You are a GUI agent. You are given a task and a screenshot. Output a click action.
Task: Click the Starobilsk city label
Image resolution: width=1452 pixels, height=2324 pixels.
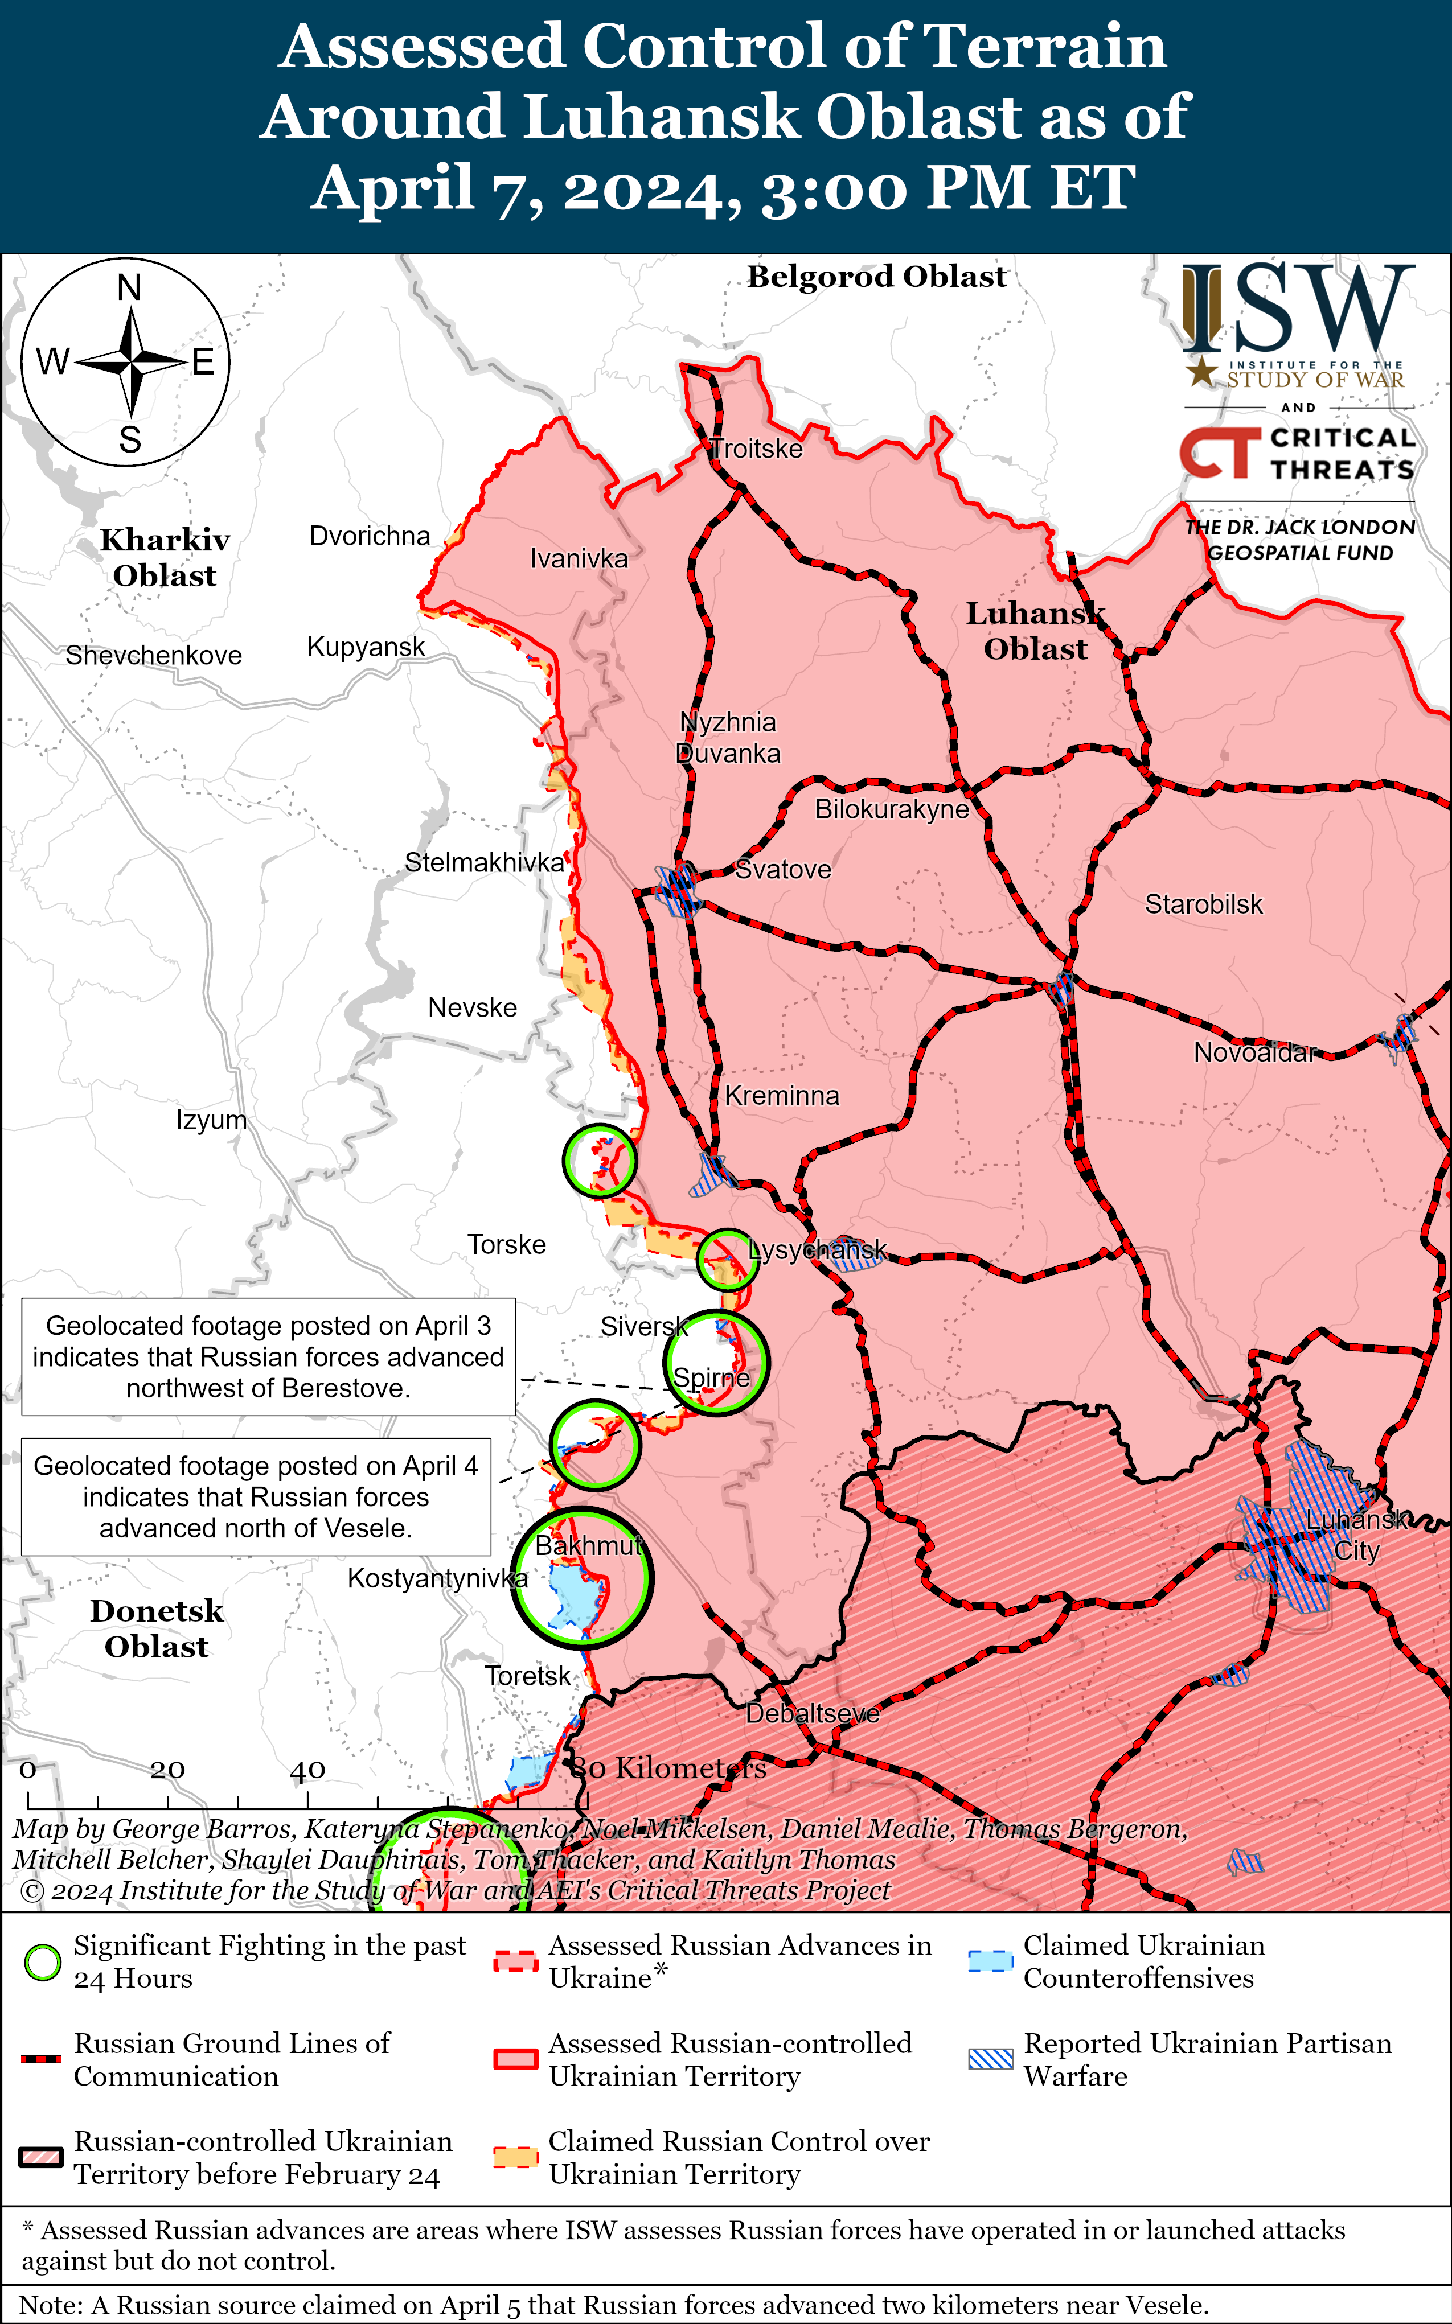(1203, 904)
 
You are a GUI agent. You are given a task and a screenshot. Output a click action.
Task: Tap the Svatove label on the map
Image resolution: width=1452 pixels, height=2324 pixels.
(783, 870)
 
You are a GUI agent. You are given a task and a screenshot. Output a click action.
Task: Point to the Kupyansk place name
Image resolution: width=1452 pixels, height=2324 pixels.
(366, 647)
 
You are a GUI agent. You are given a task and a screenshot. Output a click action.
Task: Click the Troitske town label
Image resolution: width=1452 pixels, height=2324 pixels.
(757, 449)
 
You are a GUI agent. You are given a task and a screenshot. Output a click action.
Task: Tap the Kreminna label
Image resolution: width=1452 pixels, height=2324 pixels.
(782, 1095)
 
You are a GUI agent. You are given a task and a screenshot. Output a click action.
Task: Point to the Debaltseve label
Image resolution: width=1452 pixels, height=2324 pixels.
(813, 1713)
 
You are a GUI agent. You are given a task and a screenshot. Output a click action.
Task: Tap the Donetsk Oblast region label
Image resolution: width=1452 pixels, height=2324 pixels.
(157, 1629)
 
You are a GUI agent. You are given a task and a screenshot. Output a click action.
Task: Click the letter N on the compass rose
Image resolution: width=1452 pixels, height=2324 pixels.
(129, 288)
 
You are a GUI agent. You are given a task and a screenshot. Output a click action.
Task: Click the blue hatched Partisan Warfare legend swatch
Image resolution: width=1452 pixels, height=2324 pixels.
(990, 2059)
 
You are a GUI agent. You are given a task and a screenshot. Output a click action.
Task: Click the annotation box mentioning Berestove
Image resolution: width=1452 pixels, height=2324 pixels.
(268, 1356)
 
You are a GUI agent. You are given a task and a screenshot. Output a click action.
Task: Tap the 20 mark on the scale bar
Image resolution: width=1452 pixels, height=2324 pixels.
(167, 1769)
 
